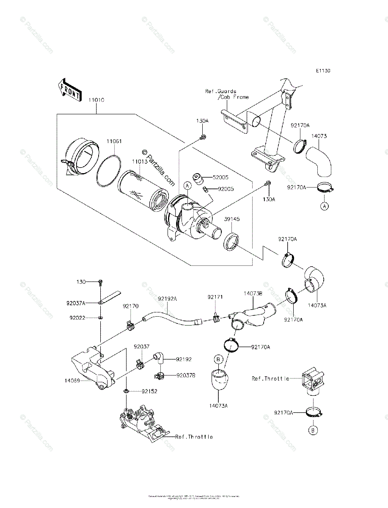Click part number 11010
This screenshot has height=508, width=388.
[x=96, y=100]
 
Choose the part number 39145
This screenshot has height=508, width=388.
[x=232, y=219]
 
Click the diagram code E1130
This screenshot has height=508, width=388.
[x=322, y=71]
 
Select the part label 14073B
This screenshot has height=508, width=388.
[x=253, y=293]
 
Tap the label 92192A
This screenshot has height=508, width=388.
[x=167, y=299]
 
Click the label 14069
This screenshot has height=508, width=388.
[x=73, y=381]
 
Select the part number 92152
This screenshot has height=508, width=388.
[x=149, y=392]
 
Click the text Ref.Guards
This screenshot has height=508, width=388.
[x=221, y=91]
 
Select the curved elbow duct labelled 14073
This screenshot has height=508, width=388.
[x=320, y=160]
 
